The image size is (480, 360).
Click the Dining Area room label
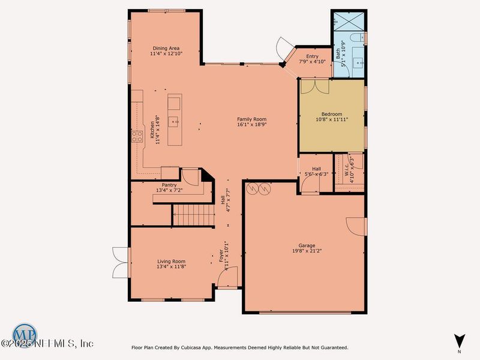tap(166, 49)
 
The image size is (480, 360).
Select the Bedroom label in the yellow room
tap(331, 114)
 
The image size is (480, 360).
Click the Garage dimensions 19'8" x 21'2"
tap(307, 251)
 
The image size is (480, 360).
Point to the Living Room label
tap(172, 262)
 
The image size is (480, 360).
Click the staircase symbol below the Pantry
tap(193, 215)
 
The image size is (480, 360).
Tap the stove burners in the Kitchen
tap(136, 136)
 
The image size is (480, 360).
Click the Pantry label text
tap(169, 185)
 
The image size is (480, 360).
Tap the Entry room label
tap(312, 56)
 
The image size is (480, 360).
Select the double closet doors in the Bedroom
tap(315, 86)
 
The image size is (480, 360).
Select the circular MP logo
tap(24, 334)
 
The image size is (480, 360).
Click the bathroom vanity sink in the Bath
tap(359, 62)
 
